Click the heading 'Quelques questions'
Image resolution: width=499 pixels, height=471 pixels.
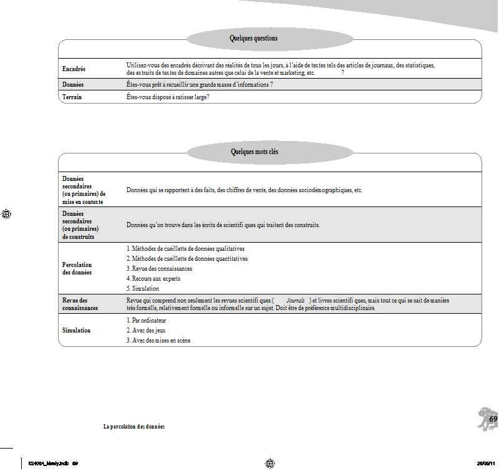(253, 39)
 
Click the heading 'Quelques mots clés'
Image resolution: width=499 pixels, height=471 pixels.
(254, 152)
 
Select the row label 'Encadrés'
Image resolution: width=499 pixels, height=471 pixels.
(74, 69)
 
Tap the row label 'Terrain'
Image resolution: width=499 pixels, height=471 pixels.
(72, 97)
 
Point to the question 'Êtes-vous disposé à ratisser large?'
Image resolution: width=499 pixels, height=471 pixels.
(167, 97)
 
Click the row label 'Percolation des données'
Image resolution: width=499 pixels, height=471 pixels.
(77, 269)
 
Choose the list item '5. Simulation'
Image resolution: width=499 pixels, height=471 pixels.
(143, 289)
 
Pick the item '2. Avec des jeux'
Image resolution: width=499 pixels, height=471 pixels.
(146, 330)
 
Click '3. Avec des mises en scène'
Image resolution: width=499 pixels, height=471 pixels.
(158, 341)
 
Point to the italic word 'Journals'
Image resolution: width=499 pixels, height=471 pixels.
(295, 301)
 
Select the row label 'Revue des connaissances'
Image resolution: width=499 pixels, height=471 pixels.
(75, 304)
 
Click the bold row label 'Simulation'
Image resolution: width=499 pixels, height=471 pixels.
(77, 330)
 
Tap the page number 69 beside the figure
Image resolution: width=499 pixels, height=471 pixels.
(493, 419)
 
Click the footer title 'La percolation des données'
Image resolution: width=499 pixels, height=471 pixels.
(134, 427)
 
